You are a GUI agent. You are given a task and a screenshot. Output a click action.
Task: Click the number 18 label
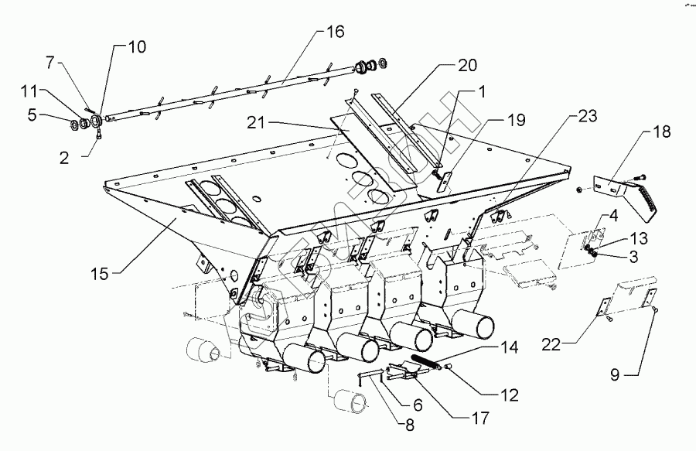tap(662, 134)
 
